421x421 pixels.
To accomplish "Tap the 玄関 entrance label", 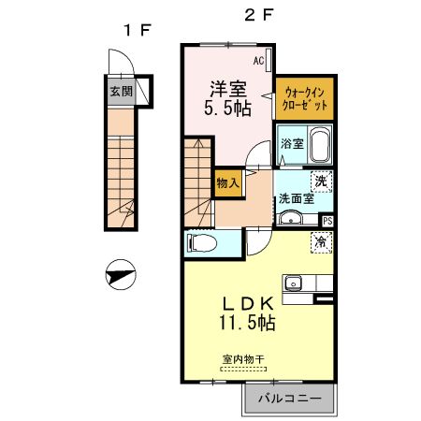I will [120, 92].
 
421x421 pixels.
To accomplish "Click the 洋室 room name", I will [227, 89].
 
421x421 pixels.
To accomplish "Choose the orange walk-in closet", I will [305, 99].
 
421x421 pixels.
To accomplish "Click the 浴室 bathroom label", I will [292, 144].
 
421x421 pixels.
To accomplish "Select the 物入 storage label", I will [227, 181].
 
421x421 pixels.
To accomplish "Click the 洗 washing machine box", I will [322, 181].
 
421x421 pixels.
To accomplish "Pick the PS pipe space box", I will [327, 221].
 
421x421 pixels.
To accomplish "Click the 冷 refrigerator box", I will [322, 243].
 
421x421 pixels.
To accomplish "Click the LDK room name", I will [248, 304].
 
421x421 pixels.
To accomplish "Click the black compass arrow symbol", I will [121, 278].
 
